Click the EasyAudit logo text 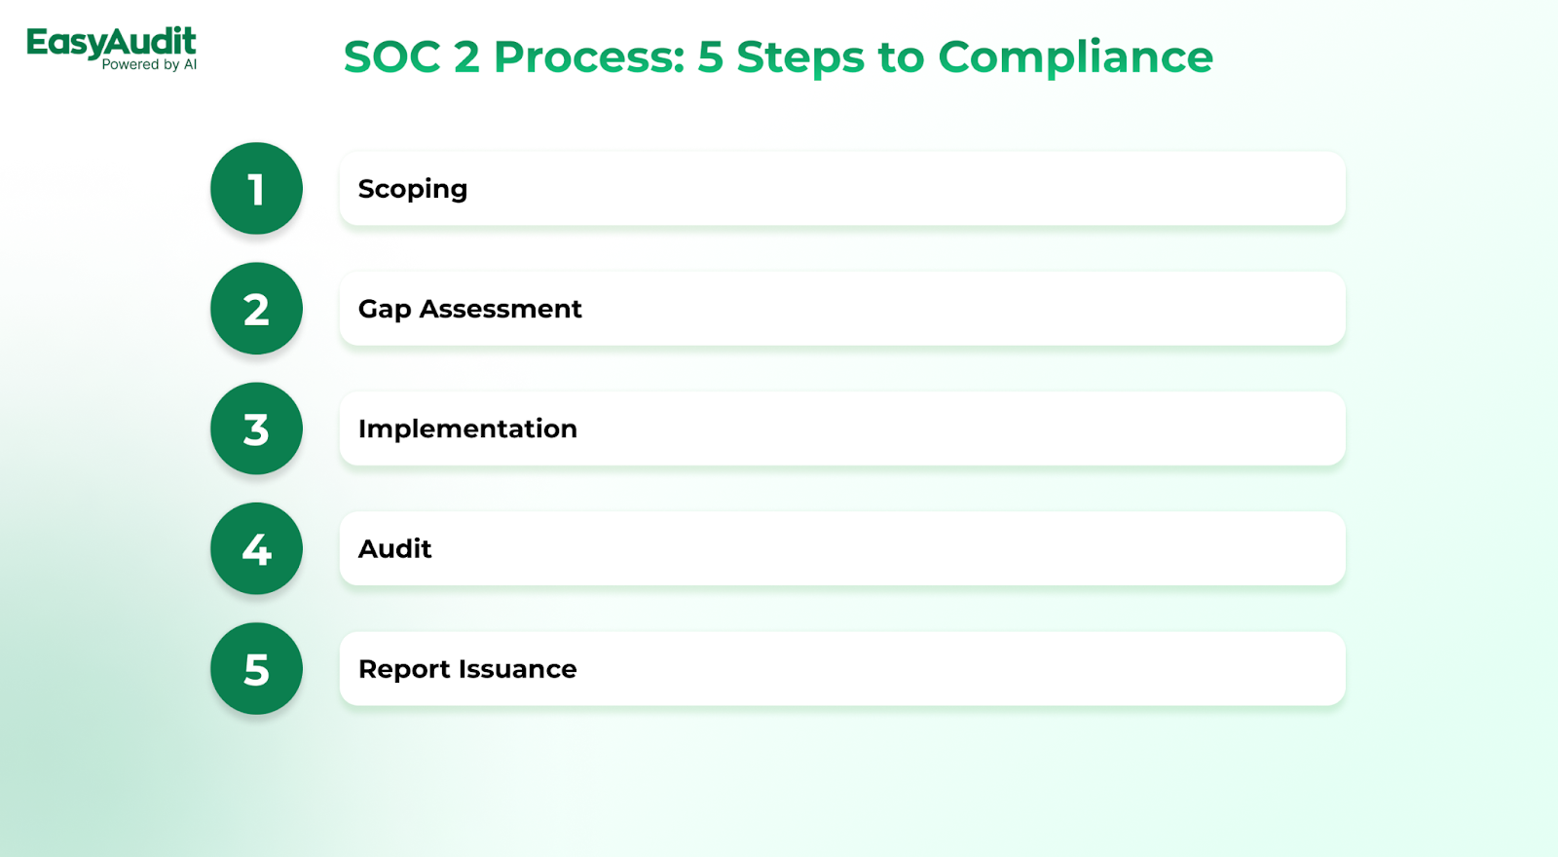pyautogui.click(x=111, y=43)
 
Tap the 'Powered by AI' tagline pyautogui.click(x=149, y=64)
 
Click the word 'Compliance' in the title pyautogui.click(x=1075, y=57)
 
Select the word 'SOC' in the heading pyautogui.click(x=392, y=56)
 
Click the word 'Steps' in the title pyautogui.click(x=800, y=57)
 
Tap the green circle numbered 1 pyautogui.click(x=257, y=189)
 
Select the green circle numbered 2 pyautogui.click(x=257, y=308)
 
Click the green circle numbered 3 pyautogui.click(x=257, y=428)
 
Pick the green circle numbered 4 pyautogui.click(x=257, y=549)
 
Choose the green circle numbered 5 pyautogui.click(x=257, y=668)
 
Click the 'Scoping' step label pyautogui.click(x=413, y=190)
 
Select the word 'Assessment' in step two pyautogui.click(x=501, y=309)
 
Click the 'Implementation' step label pyautogui.click(x=467, y=429)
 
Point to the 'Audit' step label pyautogui.click(x=394, y=549)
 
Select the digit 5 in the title pyautogui.click(x=710, y=56)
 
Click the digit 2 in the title pyautogui.click(x=467, y=56)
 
